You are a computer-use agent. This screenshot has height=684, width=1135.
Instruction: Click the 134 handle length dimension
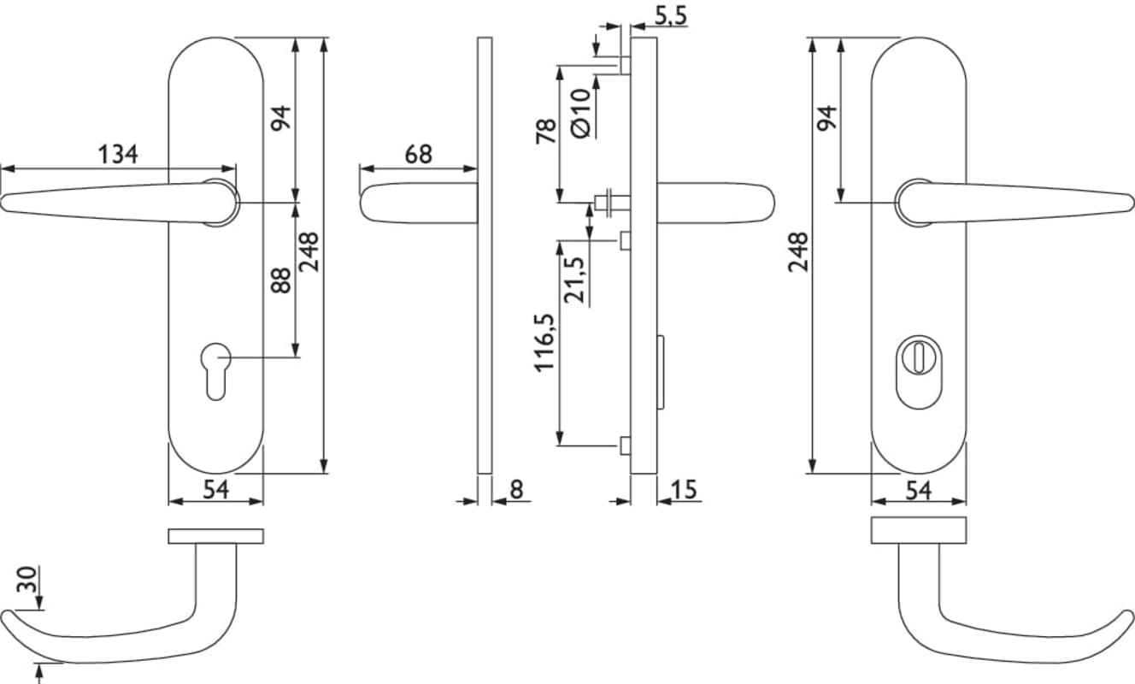[118, 155]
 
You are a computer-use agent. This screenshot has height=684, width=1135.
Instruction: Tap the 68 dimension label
[419, 155]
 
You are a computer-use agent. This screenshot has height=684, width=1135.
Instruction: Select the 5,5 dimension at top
[671, 15]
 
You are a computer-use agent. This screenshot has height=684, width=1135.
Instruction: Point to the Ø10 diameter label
[580, 113]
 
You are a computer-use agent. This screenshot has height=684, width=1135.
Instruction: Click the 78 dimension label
[546, 132]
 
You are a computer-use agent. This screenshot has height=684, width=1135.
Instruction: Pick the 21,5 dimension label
[574, 280]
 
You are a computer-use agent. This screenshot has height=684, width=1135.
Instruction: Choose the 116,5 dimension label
[544, 343]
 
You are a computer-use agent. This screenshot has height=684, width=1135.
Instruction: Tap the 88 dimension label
[280, 280]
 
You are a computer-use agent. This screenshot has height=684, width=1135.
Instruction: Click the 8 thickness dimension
[516, 490]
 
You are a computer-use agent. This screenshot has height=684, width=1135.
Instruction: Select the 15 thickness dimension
[684, 490]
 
